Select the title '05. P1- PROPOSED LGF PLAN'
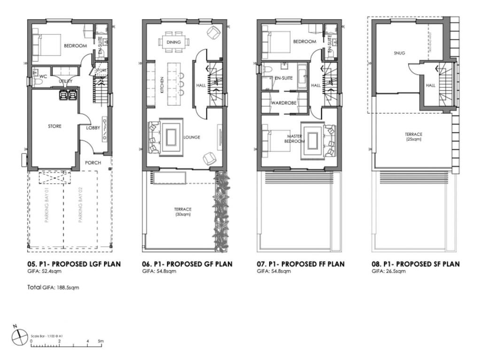[74, 264]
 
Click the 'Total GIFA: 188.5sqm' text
[53, 287]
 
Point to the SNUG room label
[399, 53]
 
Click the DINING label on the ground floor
[173, 42]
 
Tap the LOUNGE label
[192, 137]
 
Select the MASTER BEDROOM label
[295, 139]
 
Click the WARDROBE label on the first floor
[283, 102]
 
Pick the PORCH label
[93, 163]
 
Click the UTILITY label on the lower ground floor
[65, 81]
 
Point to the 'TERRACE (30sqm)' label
[183, 211]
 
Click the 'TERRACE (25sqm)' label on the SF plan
[413, 136]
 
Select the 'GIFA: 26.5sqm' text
[388, 272]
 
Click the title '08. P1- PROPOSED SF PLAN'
[416, 264]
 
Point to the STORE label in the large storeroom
[54, 126]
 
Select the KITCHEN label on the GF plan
[162, 85]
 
